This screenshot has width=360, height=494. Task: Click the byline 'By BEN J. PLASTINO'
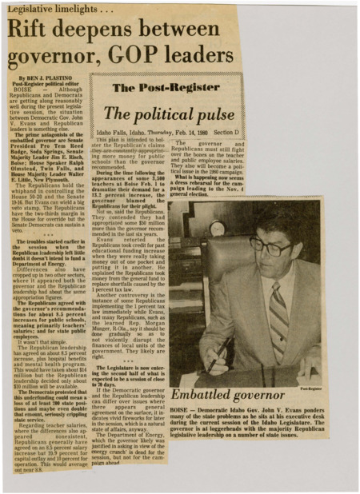[44, 78]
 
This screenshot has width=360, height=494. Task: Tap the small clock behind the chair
[217, 228]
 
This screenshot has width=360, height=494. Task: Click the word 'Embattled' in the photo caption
[205, 395]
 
